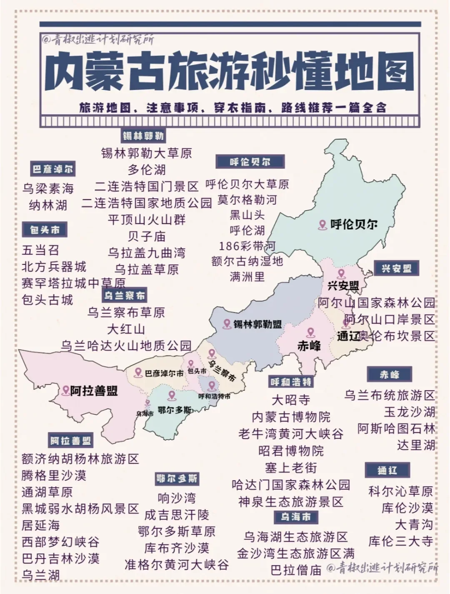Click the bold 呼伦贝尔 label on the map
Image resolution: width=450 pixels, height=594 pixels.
354,224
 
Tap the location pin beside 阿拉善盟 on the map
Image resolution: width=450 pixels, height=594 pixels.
65,390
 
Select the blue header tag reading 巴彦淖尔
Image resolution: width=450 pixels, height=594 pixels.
52,170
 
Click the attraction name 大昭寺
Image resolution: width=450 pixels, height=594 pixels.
290,400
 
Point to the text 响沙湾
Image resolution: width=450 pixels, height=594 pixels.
177,498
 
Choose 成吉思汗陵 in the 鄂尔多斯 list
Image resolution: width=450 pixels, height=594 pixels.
177,515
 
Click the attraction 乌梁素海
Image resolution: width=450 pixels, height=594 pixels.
48,189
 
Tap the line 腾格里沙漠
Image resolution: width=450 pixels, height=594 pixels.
54,475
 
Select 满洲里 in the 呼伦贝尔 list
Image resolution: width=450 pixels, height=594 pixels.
247,277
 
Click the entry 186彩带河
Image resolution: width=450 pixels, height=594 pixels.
247,246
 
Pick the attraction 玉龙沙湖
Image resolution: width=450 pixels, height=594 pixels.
410,412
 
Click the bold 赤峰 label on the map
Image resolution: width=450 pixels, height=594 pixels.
309,345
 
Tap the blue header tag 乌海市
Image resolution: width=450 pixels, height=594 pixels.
296,517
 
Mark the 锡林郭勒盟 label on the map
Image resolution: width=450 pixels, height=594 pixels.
257,324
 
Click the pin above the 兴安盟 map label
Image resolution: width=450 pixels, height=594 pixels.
342,274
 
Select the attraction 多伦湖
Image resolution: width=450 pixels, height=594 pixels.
147,170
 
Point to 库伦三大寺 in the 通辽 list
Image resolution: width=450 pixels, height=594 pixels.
400,541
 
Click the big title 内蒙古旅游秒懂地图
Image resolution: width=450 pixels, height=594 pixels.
230,71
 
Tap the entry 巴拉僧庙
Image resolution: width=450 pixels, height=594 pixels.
296,570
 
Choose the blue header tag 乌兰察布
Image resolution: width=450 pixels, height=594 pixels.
125,296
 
